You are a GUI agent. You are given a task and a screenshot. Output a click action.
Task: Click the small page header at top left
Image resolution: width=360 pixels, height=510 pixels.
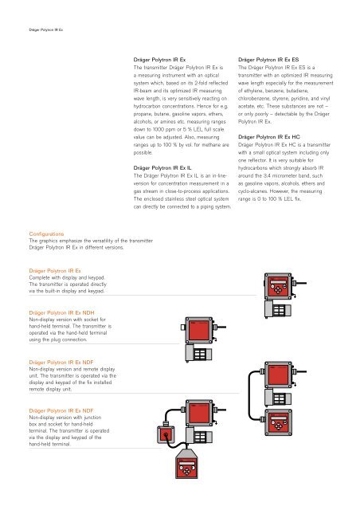tap(46, 30)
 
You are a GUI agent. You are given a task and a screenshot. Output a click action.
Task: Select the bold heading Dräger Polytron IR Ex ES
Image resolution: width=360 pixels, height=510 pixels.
tap(268, 60)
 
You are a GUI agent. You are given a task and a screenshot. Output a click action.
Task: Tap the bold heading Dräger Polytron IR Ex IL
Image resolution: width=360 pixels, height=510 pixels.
tap(162, 168)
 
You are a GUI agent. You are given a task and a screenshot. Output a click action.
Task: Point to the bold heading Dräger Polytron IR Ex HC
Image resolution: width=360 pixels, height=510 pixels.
tap(269, 137)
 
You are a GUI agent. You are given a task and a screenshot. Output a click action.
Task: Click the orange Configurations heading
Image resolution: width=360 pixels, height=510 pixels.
tap(46, 233)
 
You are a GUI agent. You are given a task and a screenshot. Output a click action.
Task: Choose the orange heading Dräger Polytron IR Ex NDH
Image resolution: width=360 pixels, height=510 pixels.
tap(61, 313)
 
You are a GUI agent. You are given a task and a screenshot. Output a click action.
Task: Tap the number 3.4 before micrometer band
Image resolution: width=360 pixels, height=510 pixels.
tap(268, 175)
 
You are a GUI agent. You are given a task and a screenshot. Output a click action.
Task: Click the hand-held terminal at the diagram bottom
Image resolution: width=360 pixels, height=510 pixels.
tap(186, 464)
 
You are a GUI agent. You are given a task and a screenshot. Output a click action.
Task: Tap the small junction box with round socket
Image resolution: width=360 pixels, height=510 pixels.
tap(166, 433)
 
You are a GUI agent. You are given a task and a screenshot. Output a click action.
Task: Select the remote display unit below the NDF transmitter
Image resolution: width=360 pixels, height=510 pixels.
tap(278, 423)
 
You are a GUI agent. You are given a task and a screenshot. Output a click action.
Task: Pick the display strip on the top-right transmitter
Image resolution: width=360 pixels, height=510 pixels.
tap(279, 282)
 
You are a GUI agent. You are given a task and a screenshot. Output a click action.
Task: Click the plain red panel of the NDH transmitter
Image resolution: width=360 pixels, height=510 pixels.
tap(198, 331)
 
